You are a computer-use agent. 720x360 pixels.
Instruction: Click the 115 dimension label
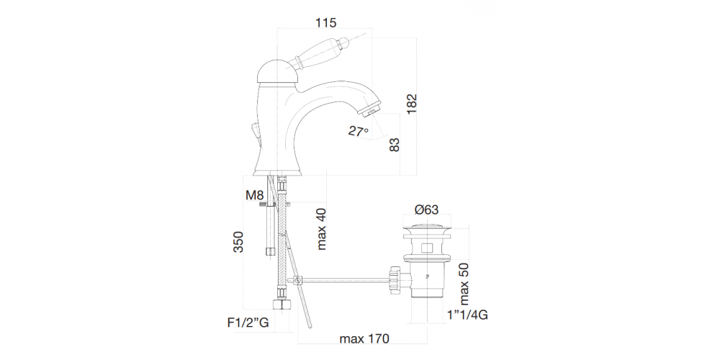tap(325, 22)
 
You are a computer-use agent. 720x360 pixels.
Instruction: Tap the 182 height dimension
tap(410, 104)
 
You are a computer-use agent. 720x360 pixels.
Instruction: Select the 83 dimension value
tap(395, 145)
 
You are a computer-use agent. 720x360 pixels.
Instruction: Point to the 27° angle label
tap(358, 131)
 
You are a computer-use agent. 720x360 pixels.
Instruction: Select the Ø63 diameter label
tap(426, 210)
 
